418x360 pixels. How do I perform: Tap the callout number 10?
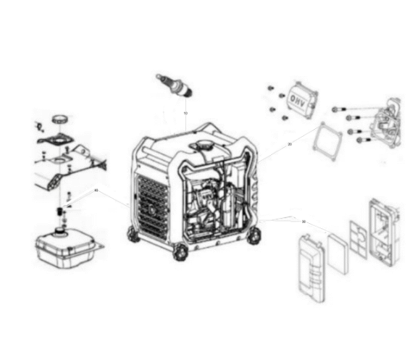[x=185, y=114]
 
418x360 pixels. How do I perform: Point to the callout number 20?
[x=290, y=144]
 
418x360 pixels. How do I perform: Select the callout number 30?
[x=304, y=222]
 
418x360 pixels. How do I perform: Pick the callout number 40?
[x=96, y=191]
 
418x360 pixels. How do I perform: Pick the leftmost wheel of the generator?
[x=133, y=235]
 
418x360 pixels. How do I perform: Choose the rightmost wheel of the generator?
[x=256, y=235]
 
